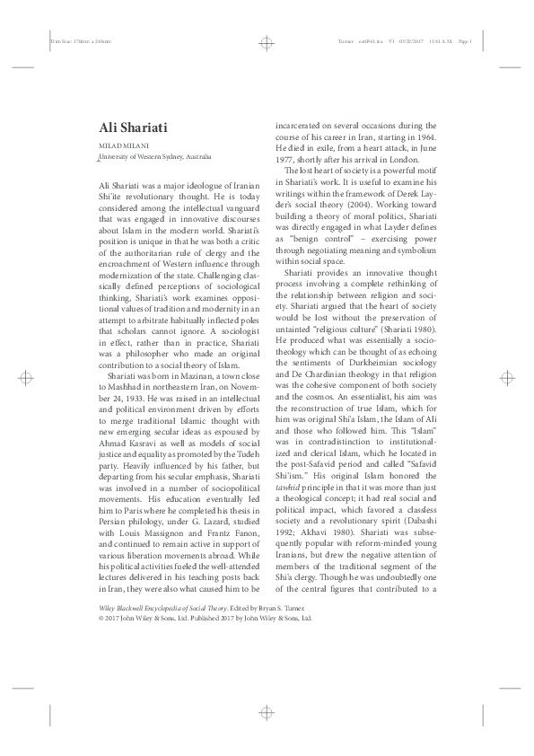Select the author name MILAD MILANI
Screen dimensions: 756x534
124,145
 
